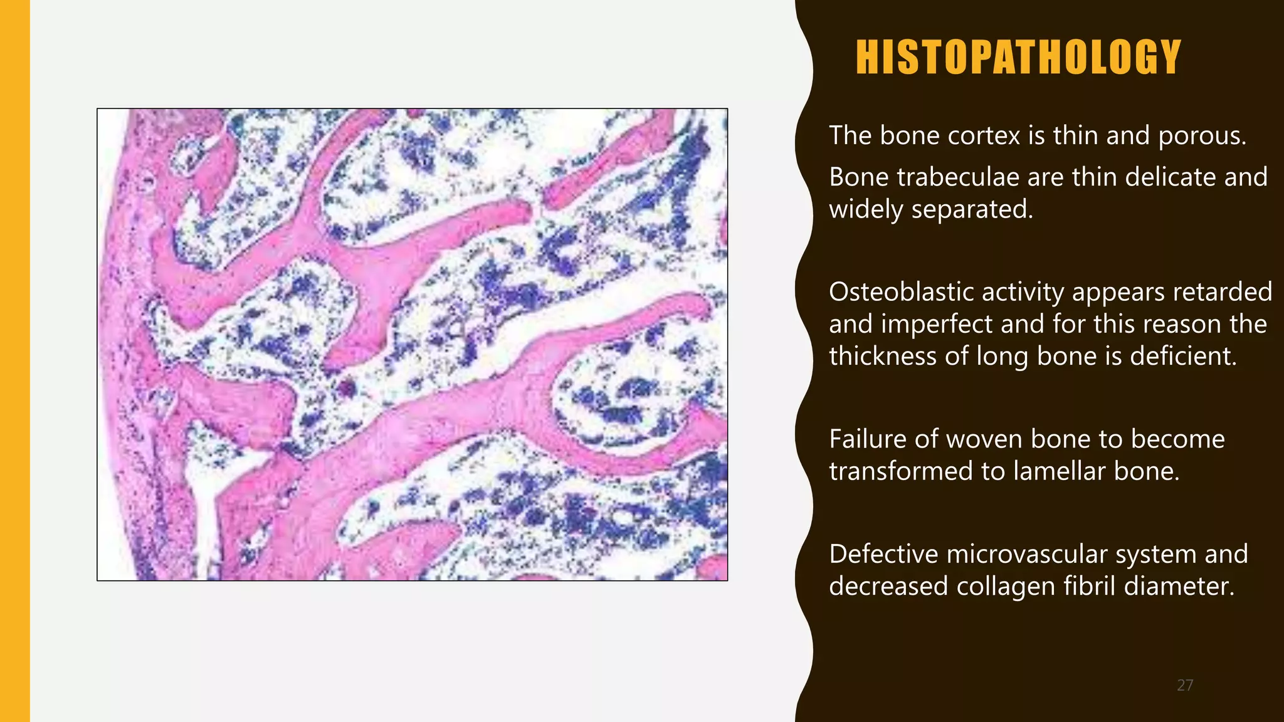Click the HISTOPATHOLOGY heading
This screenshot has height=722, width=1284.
point(1018,57)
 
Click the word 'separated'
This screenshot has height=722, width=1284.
point(971,209)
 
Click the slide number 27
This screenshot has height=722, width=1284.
point(1185,685)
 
